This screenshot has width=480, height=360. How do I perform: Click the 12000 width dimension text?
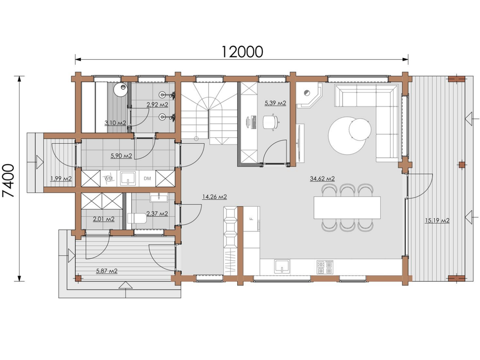pos(242,51)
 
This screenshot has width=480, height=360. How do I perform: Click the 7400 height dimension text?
pos(9,178)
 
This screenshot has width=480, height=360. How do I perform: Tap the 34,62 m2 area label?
pos(323,179)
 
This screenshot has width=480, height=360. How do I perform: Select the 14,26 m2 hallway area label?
pos(215,197)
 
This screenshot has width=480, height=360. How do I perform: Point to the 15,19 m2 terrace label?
pos(437,221)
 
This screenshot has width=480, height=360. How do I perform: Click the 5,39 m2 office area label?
pos(275,103)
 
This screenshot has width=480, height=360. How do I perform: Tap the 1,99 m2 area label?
pos(61,178)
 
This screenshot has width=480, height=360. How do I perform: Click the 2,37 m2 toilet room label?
pos(156,213)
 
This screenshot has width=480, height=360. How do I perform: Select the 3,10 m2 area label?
pos(115,122)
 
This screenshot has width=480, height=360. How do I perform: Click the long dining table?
pos(347,207)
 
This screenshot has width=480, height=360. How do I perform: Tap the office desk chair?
pos(271,121)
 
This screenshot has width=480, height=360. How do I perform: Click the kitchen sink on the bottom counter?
pos(281,266)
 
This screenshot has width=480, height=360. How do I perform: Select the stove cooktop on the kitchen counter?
pos(325,266)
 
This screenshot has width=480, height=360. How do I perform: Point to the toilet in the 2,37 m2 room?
pos(137,219)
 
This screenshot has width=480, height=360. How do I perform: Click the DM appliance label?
pos(148,178)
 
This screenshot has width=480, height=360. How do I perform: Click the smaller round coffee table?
pos(360,129)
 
